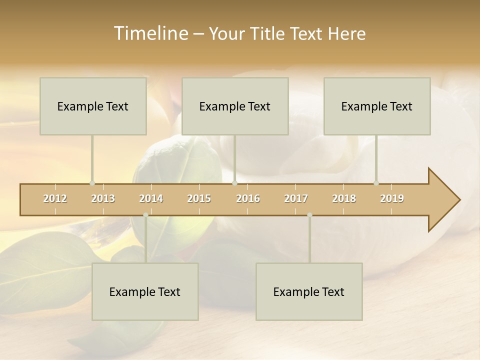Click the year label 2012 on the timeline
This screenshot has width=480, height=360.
[55, 198]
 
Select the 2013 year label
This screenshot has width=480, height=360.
[103, 198]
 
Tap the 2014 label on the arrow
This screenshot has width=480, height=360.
[151, 198]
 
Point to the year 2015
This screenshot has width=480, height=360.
[199, 198]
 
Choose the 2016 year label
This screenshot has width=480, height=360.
[248, 198]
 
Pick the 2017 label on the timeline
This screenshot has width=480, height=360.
[296, 198]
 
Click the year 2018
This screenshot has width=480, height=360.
[344, 198]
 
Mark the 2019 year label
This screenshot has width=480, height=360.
[392, 198]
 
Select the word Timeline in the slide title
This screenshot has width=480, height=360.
[150, 33]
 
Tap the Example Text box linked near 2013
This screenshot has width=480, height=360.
[93, 106]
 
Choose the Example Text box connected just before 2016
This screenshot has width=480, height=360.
[235, 106]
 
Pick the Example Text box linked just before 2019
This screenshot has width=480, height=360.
[377, 106]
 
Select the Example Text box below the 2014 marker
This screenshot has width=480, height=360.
[145, 291]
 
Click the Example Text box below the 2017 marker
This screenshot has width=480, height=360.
[309, 291]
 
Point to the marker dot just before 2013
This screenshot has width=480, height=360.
[92, 183]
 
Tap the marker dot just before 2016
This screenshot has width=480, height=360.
[235, 183]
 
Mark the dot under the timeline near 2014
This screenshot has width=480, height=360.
[145, 215]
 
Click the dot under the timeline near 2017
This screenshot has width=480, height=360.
[309, 215]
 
